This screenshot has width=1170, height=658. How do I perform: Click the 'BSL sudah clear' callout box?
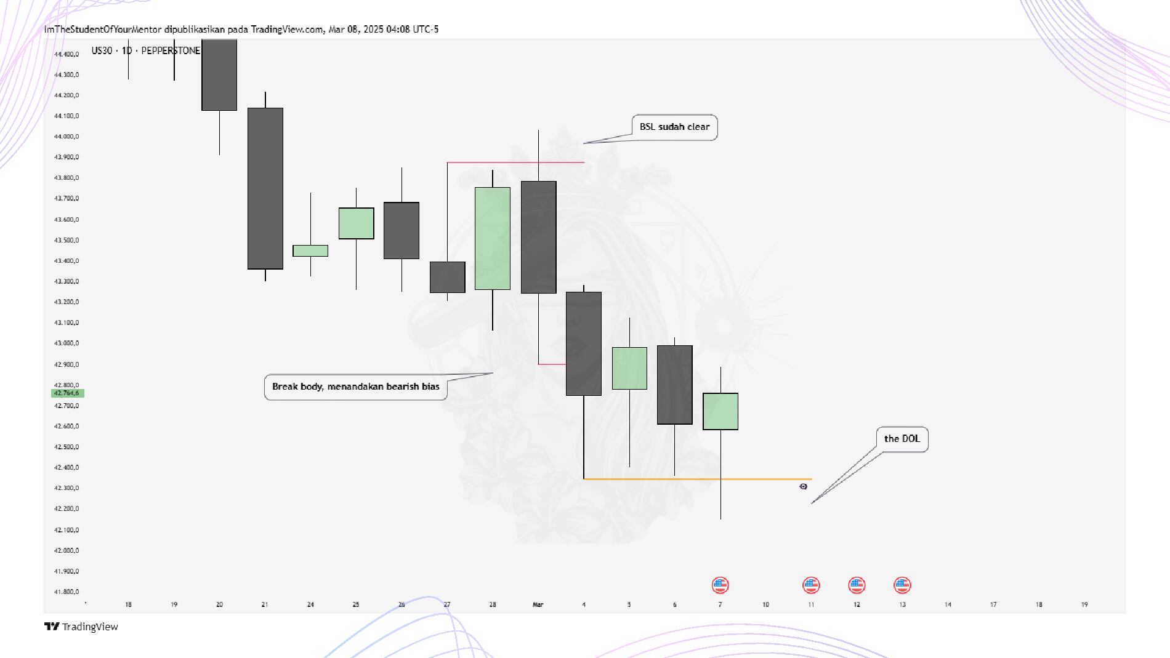(674, 127)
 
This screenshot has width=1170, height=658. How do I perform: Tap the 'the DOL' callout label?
(902, 439)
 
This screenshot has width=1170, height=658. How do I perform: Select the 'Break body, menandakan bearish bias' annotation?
(355, 387)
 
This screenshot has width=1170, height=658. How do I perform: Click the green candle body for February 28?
(493, 238)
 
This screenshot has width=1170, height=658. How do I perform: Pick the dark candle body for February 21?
(265, 188)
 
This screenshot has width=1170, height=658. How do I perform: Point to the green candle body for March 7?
(720, 411)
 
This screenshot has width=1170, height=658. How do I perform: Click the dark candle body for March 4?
(584, 343)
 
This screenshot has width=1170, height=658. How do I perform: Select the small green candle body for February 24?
(310, 251)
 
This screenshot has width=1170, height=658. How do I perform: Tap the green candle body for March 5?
(629, 368)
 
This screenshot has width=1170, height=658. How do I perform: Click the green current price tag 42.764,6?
(67, 393)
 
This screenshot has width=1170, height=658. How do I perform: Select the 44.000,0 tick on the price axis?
(67, 137)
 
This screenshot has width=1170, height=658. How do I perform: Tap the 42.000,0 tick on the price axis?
(67, 550)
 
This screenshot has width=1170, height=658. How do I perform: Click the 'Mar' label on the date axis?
(538, 604)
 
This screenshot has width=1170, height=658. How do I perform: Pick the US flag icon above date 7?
(720, 585)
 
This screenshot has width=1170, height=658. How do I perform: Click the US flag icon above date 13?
(902, 585)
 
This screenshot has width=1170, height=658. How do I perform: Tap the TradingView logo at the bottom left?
(81, 627)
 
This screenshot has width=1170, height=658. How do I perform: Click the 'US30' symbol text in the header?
(102, 50)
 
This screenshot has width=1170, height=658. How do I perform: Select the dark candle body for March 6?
(675, 385)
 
